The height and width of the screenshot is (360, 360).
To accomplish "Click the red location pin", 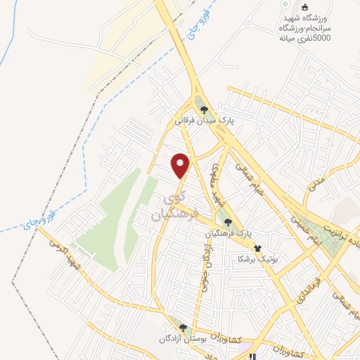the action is pyautogui.click(x=181, y=165).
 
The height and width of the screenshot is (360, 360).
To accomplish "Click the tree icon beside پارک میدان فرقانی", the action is pyautogui.click(x=205, y=109).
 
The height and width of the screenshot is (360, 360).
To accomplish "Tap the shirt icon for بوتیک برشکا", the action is pyautogui.click(x=257, y=248).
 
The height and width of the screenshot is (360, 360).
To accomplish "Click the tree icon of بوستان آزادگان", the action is pyautogui.click(x=184, y=328).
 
